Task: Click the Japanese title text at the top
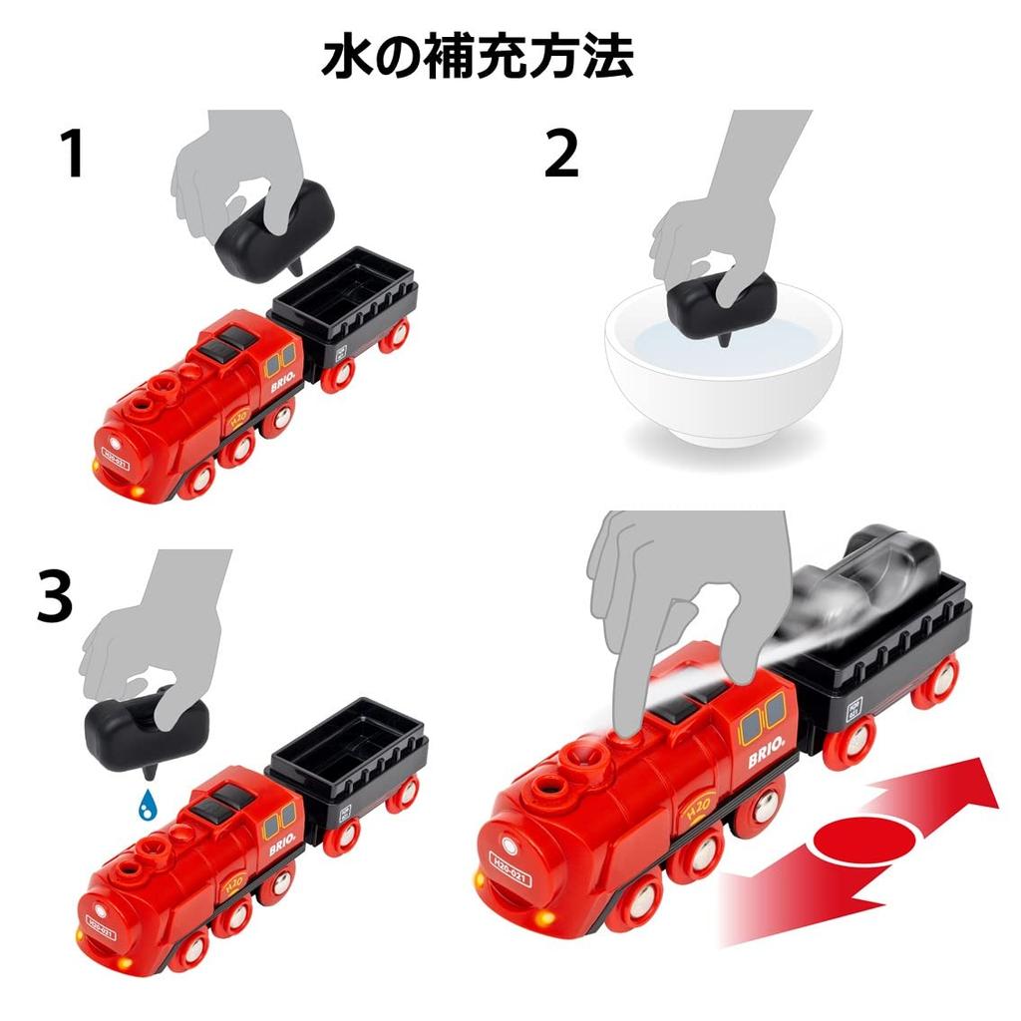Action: [x=477, y=58]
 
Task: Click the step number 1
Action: [x=73, y=156]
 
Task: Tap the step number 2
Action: [x=561, y=156]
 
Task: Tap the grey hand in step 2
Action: [x=718, y=219]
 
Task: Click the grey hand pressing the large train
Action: [x=678, y=598]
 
